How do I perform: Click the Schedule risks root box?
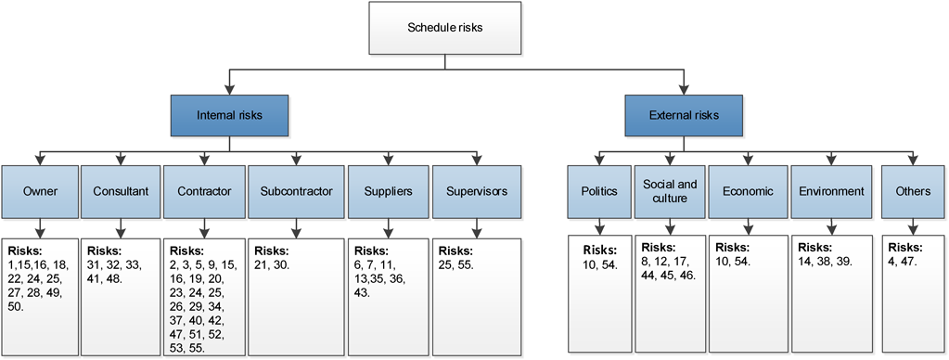[445, 28]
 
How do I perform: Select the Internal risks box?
[229, 116]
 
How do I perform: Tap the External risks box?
[684, 116]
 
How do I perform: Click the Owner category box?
[39, 192]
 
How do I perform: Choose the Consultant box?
[122, 192]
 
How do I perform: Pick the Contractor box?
[205, 192]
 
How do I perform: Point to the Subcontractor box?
[295, 192]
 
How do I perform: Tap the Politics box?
[599, 191]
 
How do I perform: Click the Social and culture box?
[670, 191]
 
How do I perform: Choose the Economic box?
[747, 191]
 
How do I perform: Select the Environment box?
[830, 191]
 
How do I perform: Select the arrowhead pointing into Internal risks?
[229, 92]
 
